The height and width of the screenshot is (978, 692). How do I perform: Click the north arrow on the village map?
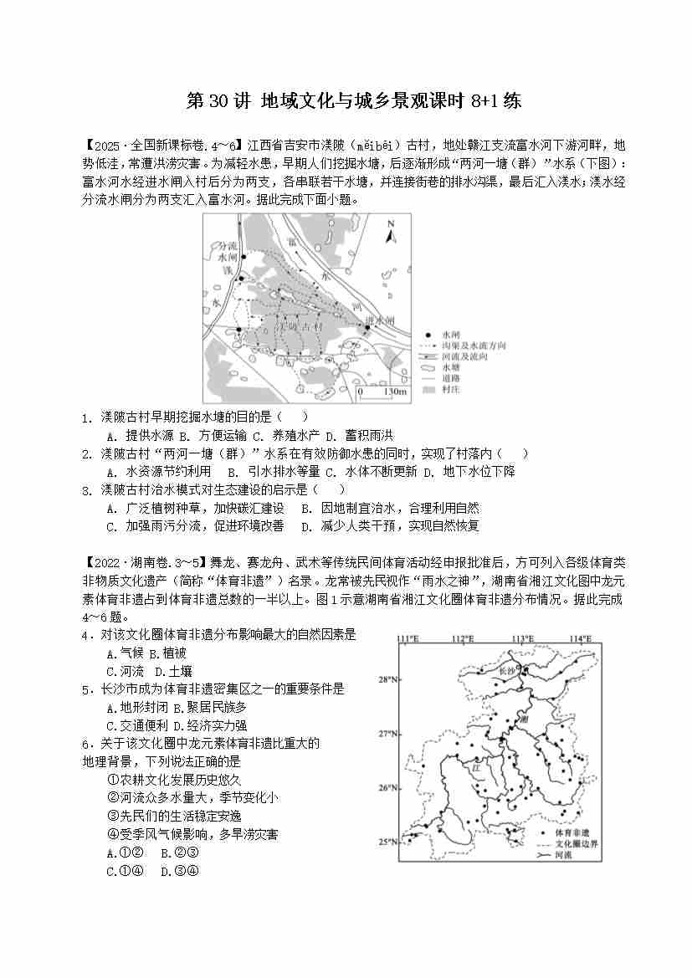tap(389, 232)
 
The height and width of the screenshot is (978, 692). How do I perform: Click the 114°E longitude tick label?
tap(581, 640)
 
